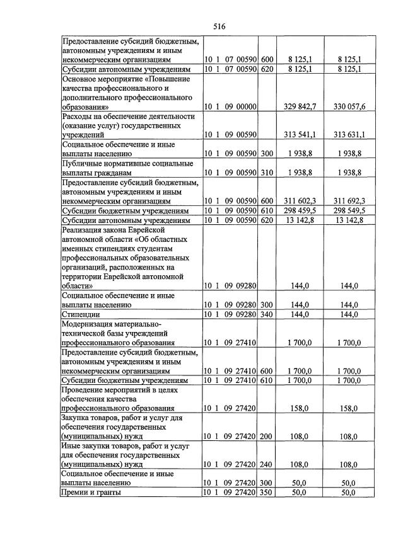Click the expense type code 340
click(267, 314)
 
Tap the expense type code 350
click(267, 492)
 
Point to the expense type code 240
click(267, 464)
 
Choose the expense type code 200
click(267, 435)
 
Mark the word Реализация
click(85, 229)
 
